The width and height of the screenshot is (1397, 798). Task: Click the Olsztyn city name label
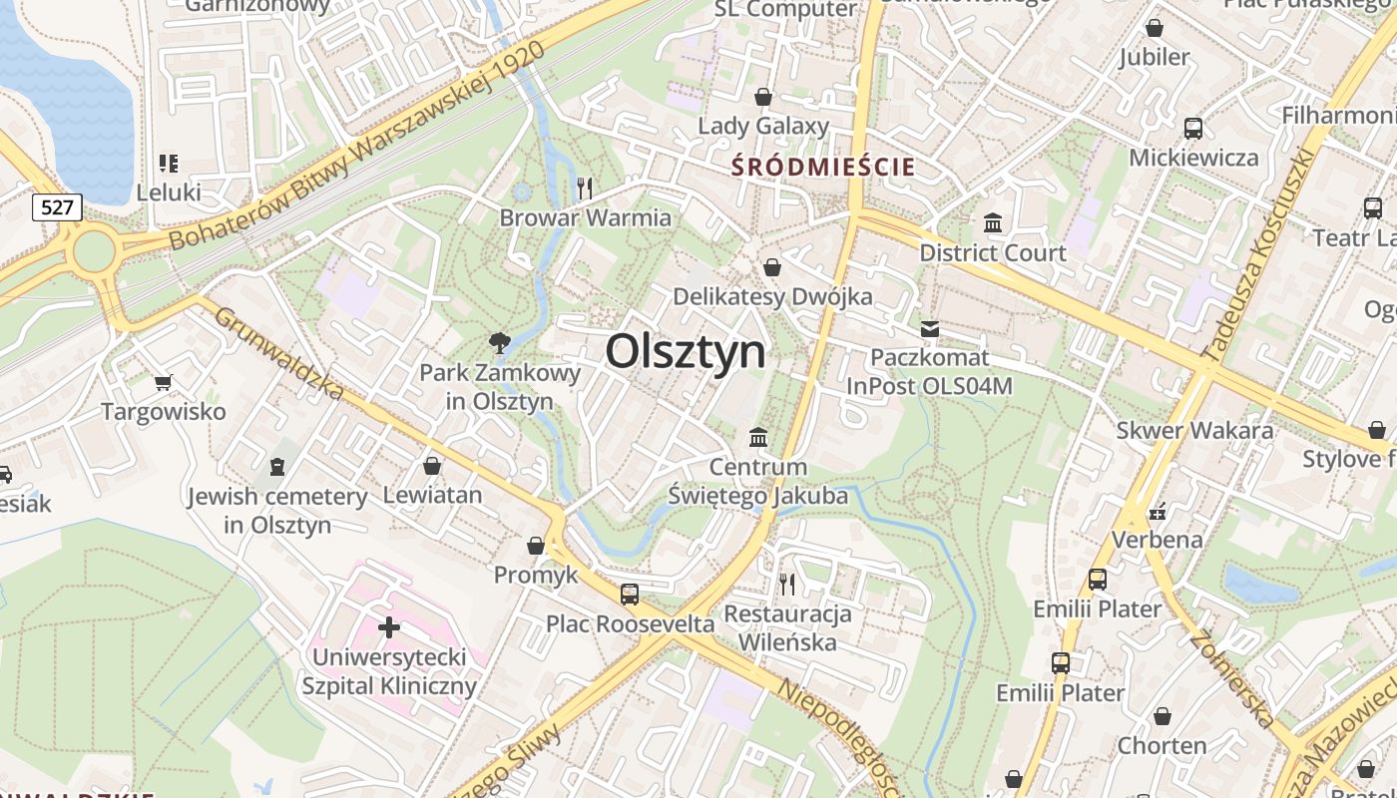686,351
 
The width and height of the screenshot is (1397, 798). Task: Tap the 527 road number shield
57,207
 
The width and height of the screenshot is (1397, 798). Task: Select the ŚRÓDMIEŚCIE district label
823,167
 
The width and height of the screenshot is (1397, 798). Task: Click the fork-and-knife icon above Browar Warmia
586,187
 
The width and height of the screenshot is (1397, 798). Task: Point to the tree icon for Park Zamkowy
499,343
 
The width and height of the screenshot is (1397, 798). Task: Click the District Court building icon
993,222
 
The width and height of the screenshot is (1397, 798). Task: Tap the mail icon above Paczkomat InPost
930,328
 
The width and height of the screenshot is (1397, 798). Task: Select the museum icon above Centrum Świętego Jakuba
758,437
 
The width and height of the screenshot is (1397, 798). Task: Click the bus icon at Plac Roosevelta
630,595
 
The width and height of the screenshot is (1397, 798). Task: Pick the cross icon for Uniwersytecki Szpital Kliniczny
389,627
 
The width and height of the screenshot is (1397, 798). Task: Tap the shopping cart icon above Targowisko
164,382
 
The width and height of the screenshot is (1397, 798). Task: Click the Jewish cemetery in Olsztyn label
277,510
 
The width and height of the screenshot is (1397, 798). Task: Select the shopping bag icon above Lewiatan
432,466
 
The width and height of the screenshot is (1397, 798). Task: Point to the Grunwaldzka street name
278,352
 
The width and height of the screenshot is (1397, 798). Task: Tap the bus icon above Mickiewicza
1193,128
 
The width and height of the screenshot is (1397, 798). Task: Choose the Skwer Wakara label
1194,431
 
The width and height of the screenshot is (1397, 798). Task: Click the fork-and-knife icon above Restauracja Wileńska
788,584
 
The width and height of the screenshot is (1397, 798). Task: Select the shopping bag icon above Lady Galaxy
763,97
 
